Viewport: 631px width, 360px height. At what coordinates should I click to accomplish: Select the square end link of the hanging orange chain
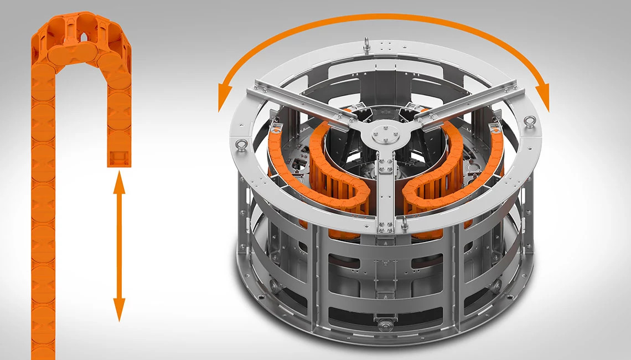[119, 157]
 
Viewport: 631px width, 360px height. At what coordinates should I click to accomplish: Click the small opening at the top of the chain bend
[83, 38]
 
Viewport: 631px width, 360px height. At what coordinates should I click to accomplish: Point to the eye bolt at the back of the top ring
[366, 44]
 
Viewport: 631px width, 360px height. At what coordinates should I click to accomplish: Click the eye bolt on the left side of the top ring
[241, 146]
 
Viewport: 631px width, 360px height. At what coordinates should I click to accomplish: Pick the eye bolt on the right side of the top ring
[530, 122]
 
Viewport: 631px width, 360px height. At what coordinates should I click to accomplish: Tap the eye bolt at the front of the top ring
[405, 223]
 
